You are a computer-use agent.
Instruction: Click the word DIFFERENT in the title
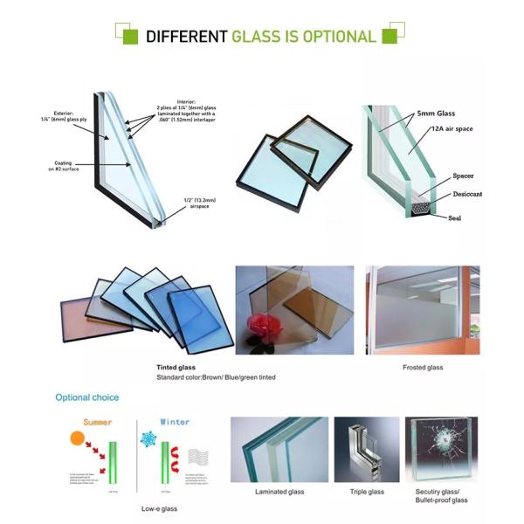186,37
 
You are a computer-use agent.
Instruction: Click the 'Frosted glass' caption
423,368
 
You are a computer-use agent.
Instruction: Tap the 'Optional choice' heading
87,397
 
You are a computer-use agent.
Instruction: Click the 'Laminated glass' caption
279,492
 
